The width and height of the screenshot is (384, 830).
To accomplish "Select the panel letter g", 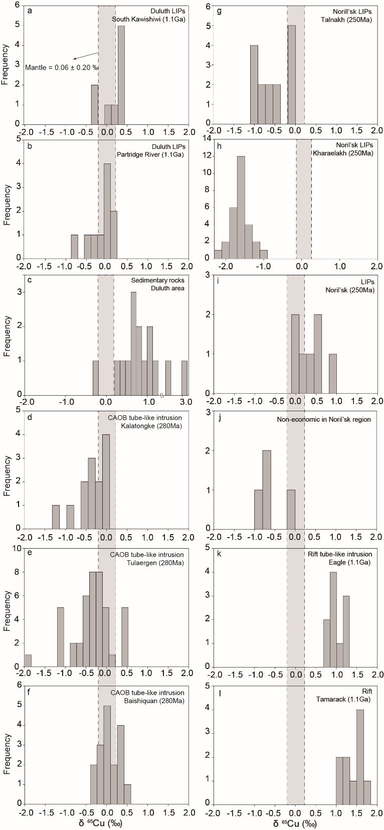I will [x=220, y=11].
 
